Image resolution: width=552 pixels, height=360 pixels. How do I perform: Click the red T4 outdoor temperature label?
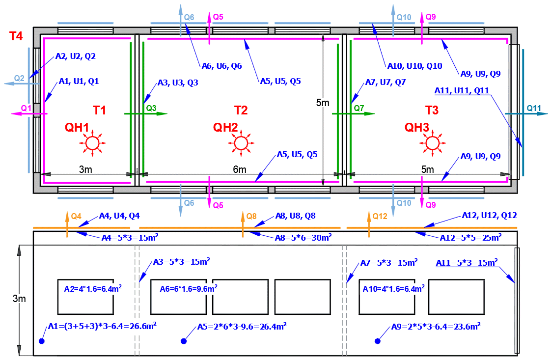coord(16,36)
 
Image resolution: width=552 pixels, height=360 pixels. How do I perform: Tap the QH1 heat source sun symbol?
coord(91,143)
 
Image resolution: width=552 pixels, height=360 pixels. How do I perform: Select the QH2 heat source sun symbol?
coord(241,143)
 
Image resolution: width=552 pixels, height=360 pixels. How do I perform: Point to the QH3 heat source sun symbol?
coord(432,143)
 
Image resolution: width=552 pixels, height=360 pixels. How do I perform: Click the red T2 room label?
coord(241,110)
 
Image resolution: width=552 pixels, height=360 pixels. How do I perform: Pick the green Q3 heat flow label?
coord(151,108)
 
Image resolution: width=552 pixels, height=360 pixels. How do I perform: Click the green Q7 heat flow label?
coord(359,108)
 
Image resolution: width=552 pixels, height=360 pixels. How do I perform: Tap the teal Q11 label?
coord(534,108)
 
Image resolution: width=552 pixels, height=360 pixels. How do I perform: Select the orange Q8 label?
coord(251,216)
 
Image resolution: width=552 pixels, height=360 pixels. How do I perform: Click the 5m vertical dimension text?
coord(323,104)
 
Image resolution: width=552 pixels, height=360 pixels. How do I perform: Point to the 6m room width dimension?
coord(240,169)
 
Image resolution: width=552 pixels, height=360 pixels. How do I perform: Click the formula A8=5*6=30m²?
coord(303,238)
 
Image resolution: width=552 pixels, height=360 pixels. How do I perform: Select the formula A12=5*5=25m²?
coord(470,238)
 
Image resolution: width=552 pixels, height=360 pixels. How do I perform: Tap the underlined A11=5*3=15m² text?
coord(467,263)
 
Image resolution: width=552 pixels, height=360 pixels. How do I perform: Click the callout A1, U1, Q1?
coord(79,81)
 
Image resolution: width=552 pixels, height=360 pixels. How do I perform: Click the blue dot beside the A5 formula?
coord(184,341)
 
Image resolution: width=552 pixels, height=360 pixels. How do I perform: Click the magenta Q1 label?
coord(26,108)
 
